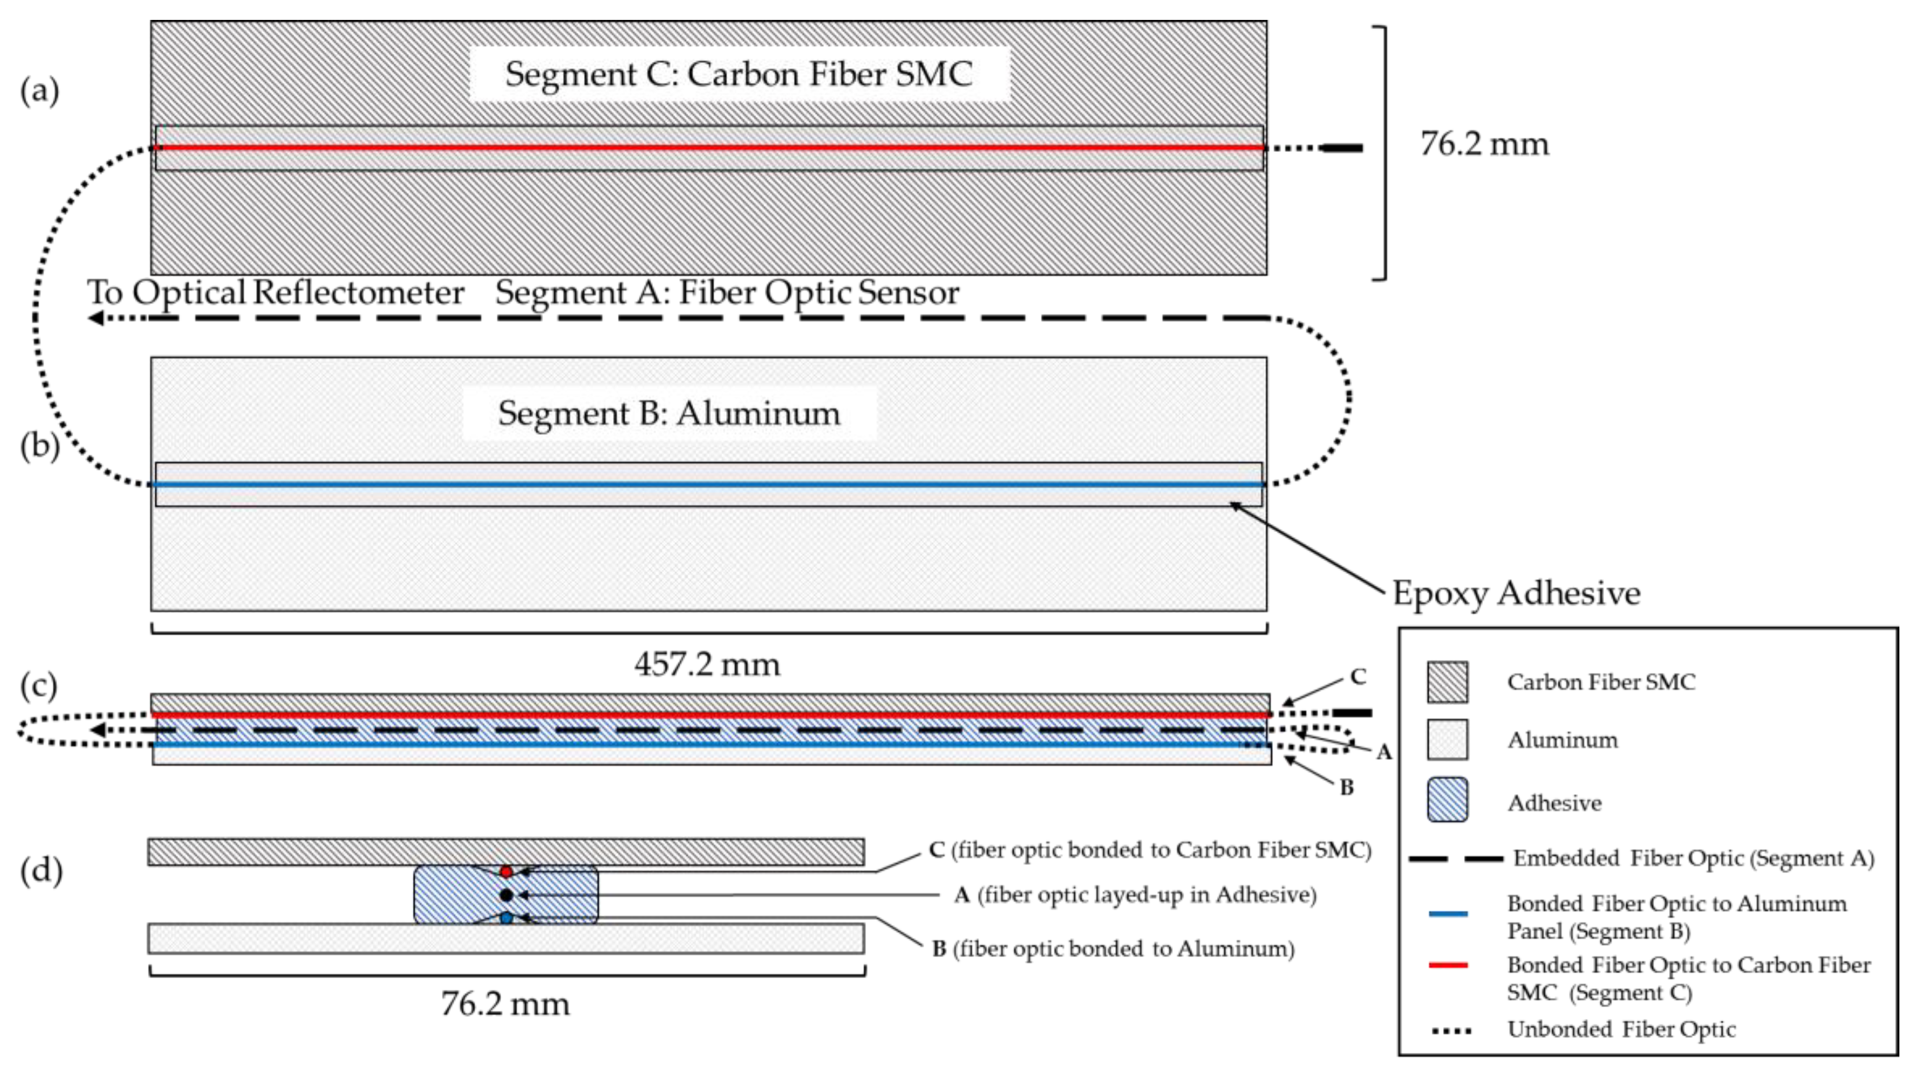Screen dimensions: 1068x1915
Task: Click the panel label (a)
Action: coord(39,92)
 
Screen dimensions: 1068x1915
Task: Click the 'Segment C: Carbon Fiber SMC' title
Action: coord(738,74)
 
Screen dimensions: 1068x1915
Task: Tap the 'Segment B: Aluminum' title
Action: coord(668,413)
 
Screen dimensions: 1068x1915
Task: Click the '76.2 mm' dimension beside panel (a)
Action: coord(1484,144)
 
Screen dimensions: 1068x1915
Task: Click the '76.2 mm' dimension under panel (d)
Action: coord(505,1004)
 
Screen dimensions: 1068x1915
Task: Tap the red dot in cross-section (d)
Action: coord(506,872)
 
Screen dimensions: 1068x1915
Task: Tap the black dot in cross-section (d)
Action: coord(506,895)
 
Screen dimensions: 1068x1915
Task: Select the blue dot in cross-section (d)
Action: coord(506,918)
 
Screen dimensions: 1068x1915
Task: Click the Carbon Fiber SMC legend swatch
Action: coord(1447,682)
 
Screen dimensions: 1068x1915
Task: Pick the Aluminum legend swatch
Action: coord(1447,739)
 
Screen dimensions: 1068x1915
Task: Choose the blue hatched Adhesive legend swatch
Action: coord(1447,799)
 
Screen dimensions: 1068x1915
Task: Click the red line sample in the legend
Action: coord(1447,965)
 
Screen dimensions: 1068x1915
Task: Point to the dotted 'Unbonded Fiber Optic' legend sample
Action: coord(1451,1031)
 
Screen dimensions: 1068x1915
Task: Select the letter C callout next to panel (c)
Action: coord(1357,677)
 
